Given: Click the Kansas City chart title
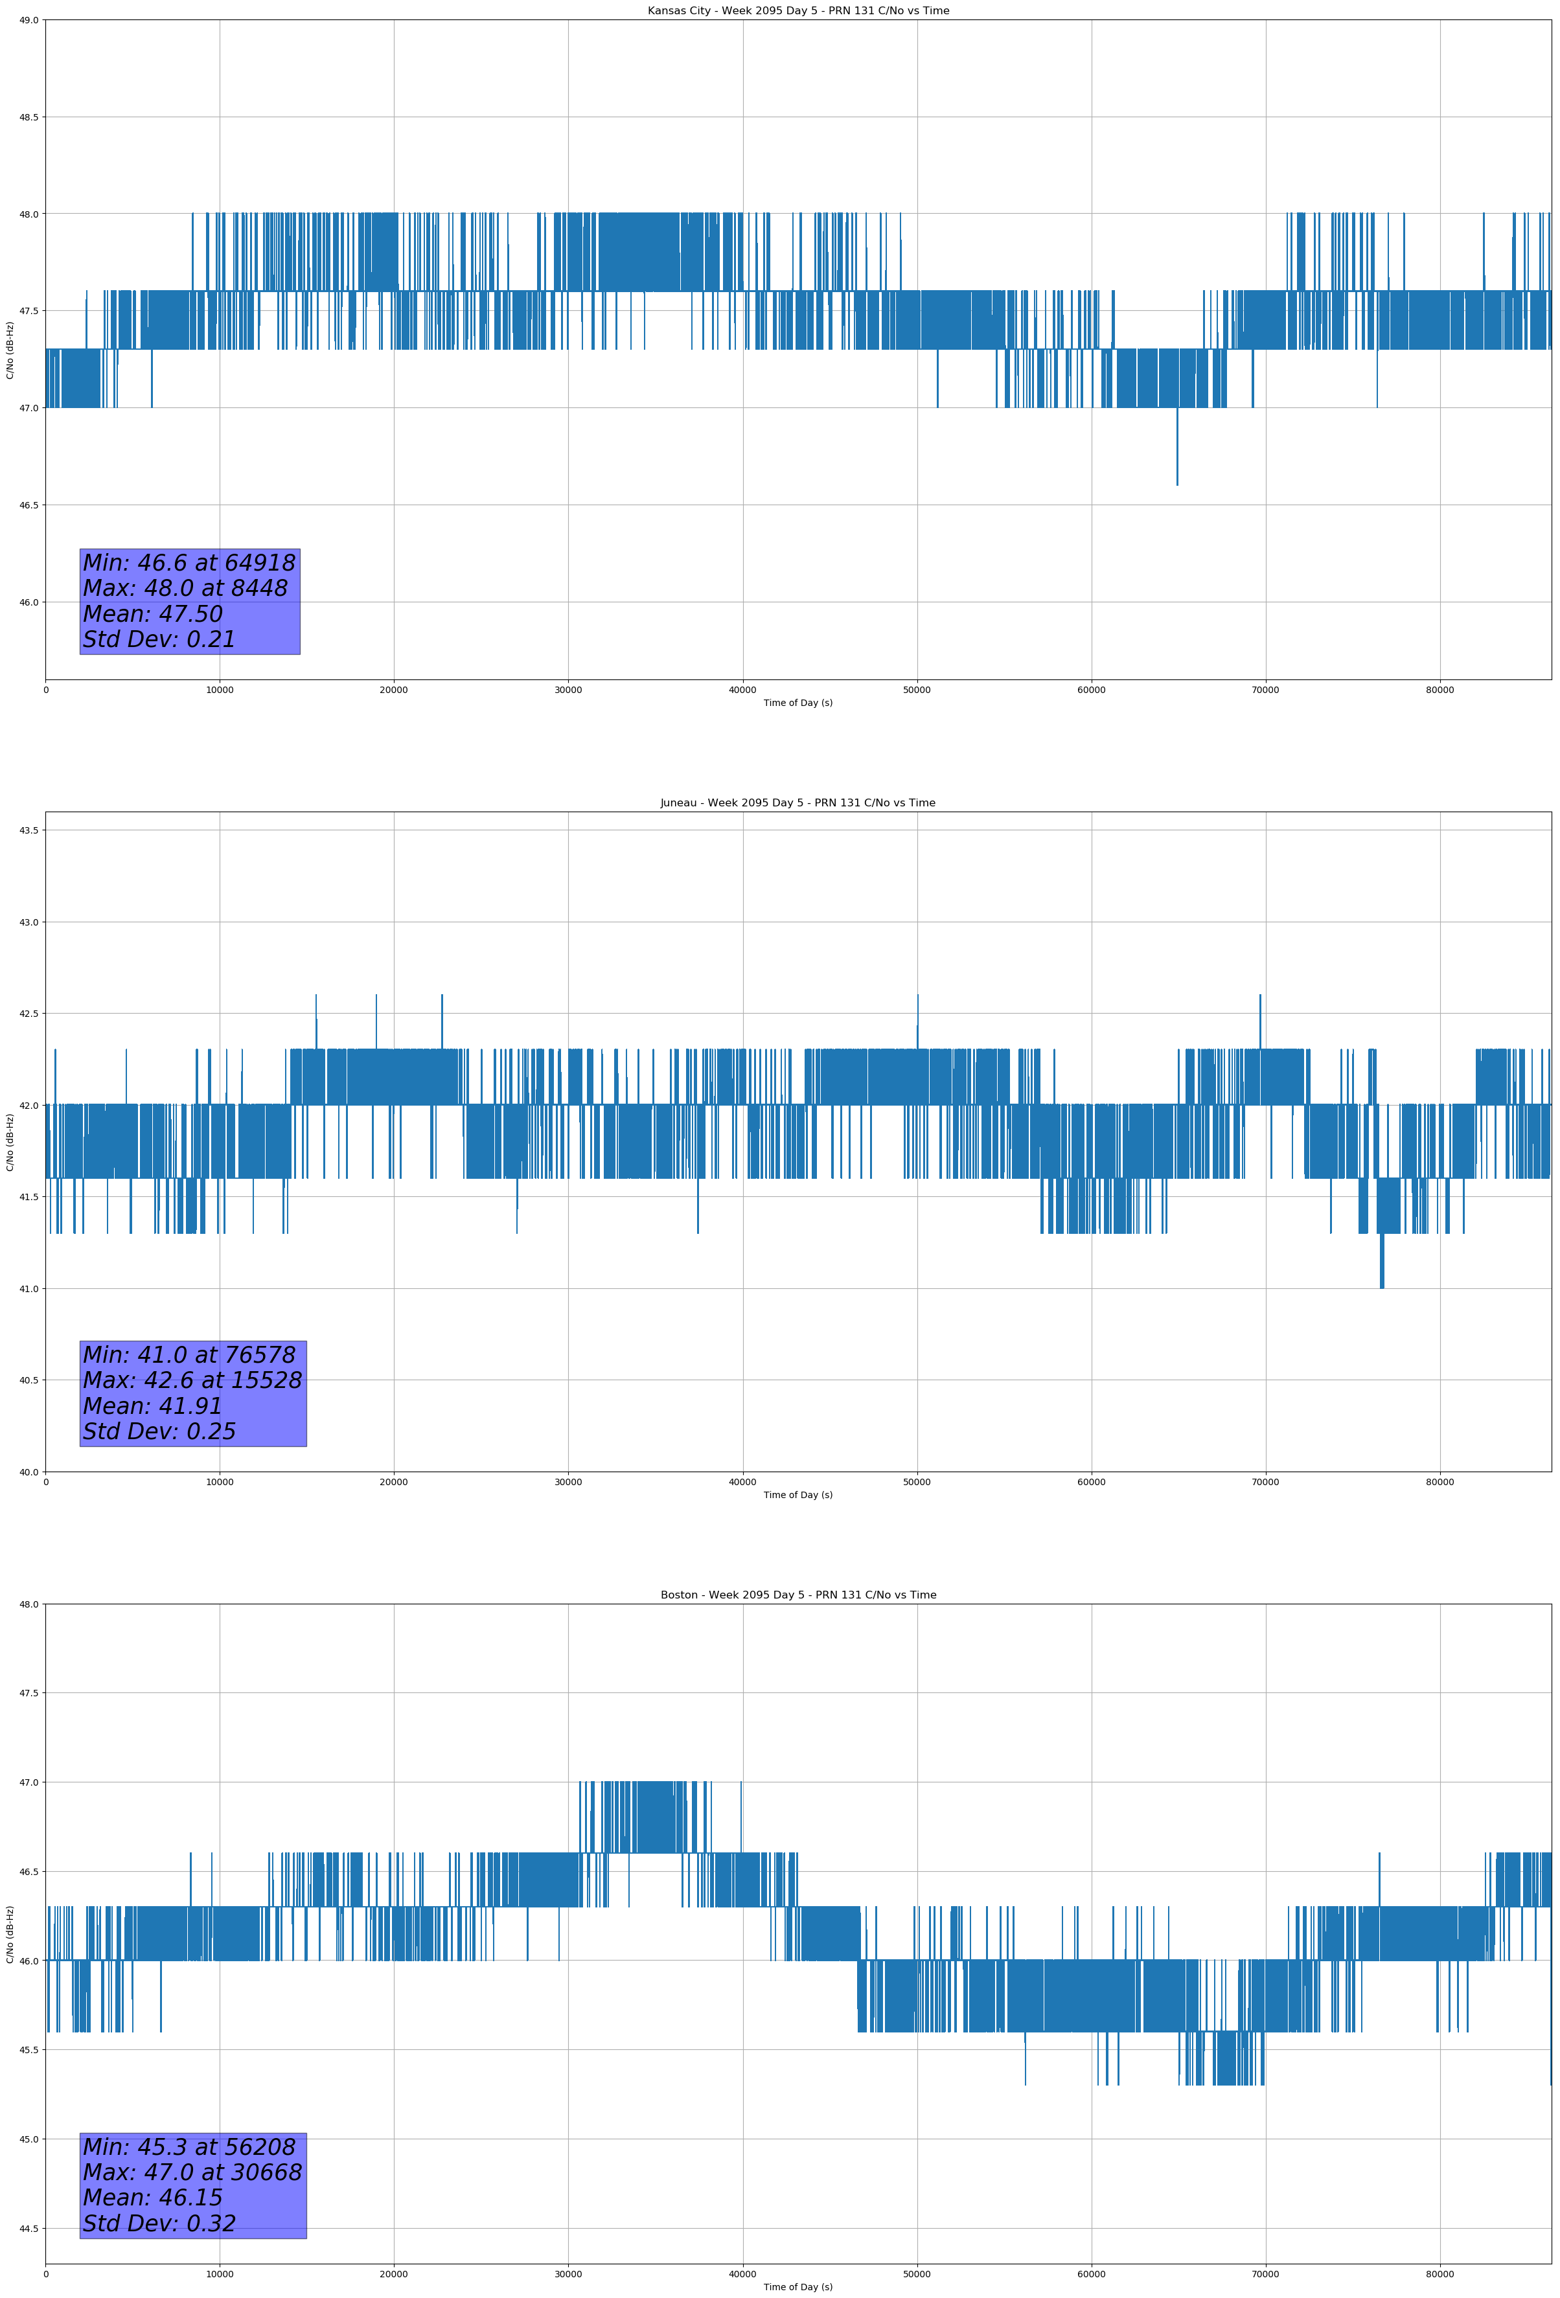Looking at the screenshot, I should [797, 11].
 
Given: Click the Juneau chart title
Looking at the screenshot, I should [797, 803].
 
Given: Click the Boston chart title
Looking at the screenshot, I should [797, 1595].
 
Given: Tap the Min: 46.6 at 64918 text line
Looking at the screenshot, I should [189, 563].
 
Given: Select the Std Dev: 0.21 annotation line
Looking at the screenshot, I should [159, 640].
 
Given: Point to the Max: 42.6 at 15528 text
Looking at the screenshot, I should [192, 1380].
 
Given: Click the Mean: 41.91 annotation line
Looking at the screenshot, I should [152, 1406].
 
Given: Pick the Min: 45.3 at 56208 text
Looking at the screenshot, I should [189, 2148].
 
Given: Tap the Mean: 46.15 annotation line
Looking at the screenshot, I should [152, 2198].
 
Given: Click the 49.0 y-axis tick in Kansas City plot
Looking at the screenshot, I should [28, 20].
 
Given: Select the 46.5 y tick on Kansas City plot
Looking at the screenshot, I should [28, 505].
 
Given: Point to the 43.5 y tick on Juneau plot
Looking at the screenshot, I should [28, 830].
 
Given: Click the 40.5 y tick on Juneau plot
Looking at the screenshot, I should [28, 1380].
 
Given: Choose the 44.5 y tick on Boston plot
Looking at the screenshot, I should [28, 2229].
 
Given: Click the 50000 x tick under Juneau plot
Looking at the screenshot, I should [917, 1482].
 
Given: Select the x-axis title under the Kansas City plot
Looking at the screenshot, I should [797, 703].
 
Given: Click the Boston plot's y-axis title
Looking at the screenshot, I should [10, 1934].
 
